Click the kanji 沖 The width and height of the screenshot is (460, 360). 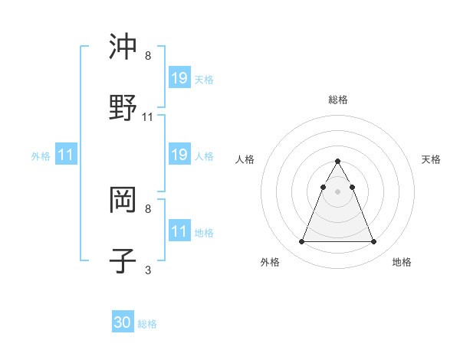click(x=123, y=47)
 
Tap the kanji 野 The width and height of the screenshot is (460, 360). click(x=123, y=107)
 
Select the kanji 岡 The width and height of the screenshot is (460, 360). click(x=123, y=201)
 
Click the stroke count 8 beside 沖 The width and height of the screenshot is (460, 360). click(x=148, y=57)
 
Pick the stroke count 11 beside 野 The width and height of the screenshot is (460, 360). click(x=148, y=116)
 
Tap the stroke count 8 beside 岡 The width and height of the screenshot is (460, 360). click(x=148, y=208)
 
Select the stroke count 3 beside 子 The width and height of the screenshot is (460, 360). click(x=148, y=270)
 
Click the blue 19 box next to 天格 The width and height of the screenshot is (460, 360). click(x=179, y=77)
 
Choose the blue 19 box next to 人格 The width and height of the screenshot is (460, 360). click(x=179, y=155)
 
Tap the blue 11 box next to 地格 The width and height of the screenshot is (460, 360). click(x=179, y=231)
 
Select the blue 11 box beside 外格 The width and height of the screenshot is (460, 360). click(x=66, y=155)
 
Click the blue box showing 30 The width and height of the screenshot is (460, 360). click(x=123, y=322)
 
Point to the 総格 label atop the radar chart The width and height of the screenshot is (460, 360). click(x=338, y=100)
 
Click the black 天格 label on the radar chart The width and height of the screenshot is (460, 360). click(x=431, y=159)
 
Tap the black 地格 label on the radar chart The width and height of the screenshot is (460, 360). click(x=402, y=263)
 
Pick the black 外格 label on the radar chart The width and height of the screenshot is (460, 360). click(x=270, y=263)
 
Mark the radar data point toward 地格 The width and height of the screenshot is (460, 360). click(x=373, y=242)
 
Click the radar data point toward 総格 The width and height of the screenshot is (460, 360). click(x=337, y=161)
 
